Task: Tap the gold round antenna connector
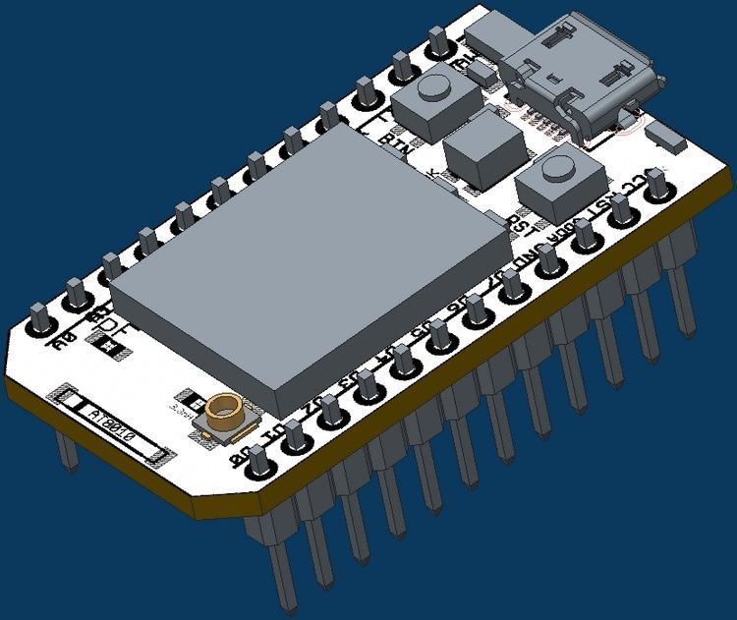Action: pyautogui.click(x=223, y=409)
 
